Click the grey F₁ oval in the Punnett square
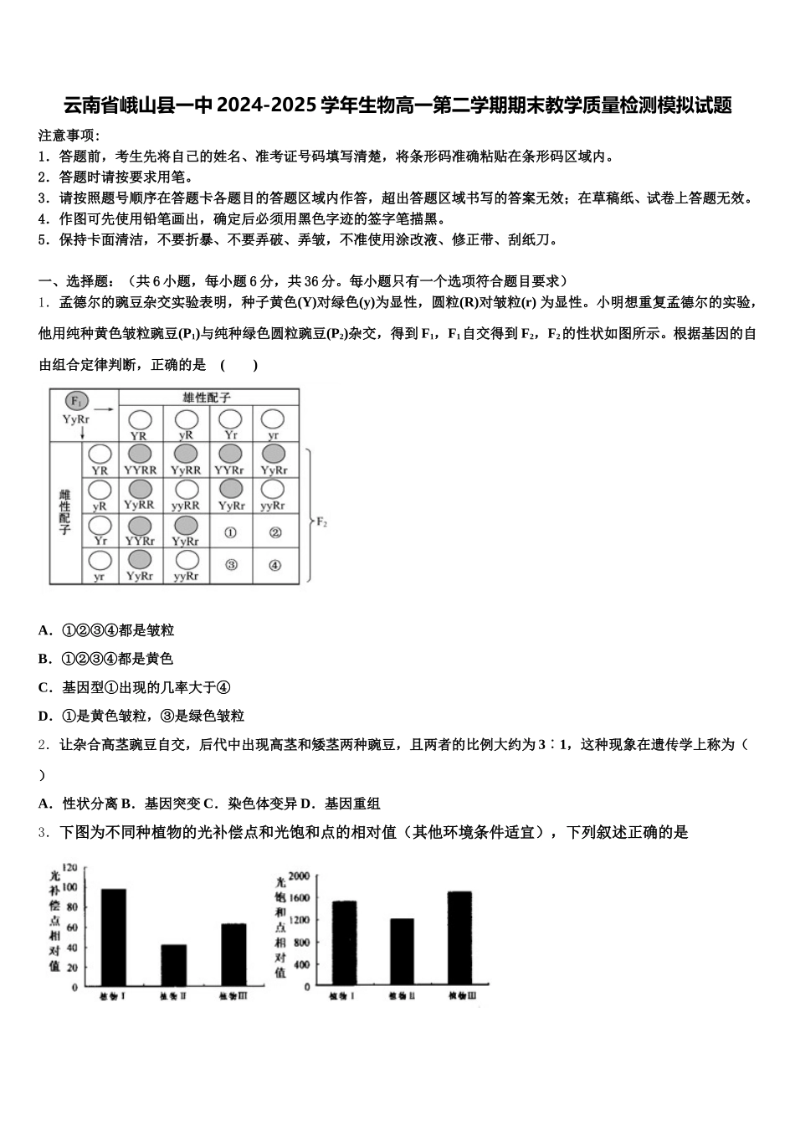[76, 401]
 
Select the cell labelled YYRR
[140, 460]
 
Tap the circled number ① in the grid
[231, 532]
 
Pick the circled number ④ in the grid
[274, 566]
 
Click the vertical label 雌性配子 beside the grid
[65, 512]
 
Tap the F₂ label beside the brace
[321, 521]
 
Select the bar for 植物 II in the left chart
[173, 964]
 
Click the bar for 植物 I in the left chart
[114, 937]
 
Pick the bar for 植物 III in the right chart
[459, 938]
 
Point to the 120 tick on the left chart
[69, 867]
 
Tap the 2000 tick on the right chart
[299, 876]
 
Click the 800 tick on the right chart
[302, 943]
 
